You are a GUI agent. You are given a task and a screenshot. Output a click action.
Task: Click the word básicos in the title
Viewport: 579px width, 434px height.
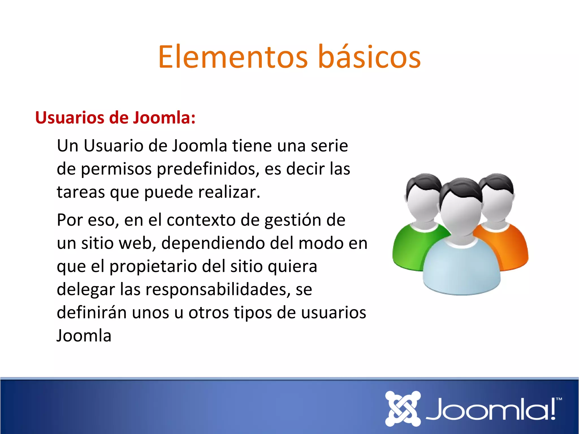pyautogui.click(x=369, y=57)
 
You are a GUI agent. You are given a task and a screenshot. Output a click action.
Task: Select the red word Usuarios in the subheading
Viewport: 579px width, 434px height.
pyautogui.click(x=70, y=118)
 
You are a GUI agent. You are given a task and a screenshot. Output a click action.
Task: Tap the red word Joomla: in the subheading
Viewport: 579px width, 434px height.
pyautogui.click(x=164, y=118)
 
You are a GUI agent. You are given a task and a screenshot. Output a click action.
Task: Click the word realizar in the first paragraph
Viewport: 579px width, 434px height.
pyautogui.click(x=228, y=192)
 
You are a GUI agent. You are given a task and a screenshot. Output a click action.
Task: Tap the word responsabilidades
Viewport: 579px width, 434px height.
pyautogui.click(x=218, y=290)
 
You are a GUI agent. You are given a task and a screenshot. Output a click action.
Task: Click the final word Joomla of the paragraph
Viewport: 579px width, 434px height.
pyautogui.click(x=84, y=336)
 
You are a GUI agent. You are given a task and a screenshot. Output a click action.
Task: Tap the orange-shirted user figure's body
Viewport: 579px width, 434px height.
pyautogui.click(x=506, y=246)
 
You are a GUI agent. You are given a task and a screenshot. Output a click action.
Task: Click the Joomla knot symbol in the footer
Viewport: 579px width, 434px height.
pyautogui.click(x=403, y=409)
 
